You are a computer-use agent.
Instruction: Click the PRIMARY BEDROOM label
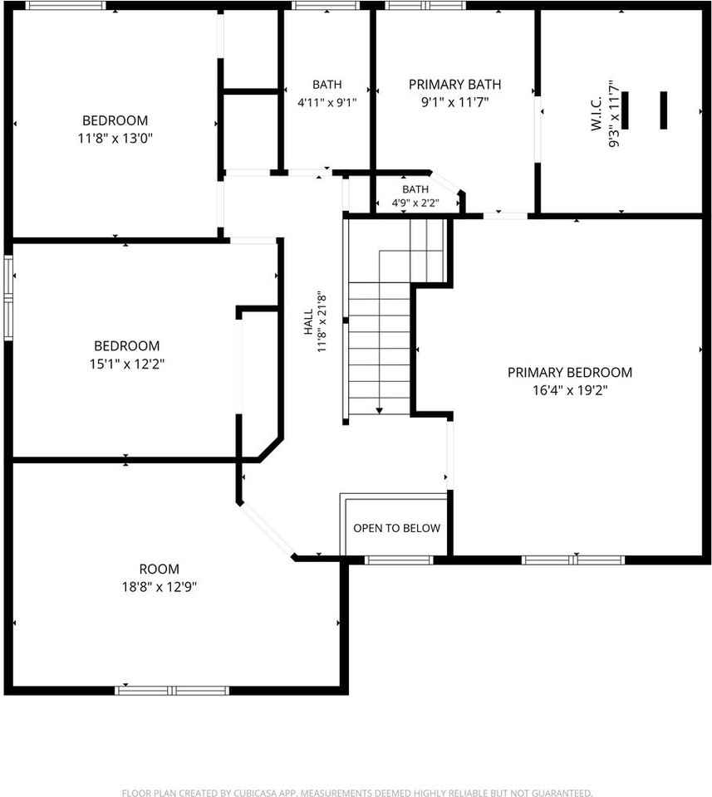pos(570,373)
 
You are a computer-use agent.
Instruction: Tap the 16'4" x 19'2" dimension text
pos(570,390)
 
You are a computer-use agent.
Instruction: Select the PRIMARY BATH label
pos(454,85)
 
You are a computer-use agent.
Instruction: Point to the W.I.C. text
pos(597,114)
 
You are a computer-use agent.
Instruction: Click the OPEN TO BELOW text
pos(396,528)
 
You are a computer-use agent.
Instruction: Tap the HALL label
pos(309,322)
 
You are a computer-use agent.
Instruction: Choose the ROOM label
pos(160,569)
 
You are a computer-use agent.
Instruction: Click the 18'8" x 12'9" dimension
pos(160,587)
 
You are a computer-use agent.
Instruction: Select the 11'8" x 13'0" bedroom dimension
pos(115,139)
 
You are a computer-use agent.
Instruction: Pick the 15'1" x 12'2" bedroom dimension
pos(127,364)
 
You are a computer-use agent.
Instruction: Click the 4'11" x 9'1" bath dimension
pos(327,103)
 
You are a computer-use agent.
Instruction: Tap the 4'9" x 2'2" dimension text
pos(415,203)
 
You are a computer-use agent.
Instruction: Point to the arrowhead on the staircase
pos(380,411)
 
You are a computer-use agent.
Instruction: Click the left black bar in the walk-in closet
pos(625,110)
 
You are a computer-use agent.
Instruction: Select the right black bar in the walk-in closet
pos(663,110)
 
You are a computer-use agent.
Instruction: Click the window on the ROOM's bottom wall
pos(172,690)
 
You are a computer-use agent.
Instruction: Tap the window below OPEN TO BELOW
pos(399,560)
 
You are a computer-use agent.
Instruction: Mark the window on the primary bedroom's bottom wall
pos(573,560)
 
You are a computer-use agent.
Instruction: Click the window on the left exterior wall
pos(8,297)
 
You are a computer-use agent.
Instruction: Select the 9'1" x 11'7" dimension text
pos(454,102)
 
